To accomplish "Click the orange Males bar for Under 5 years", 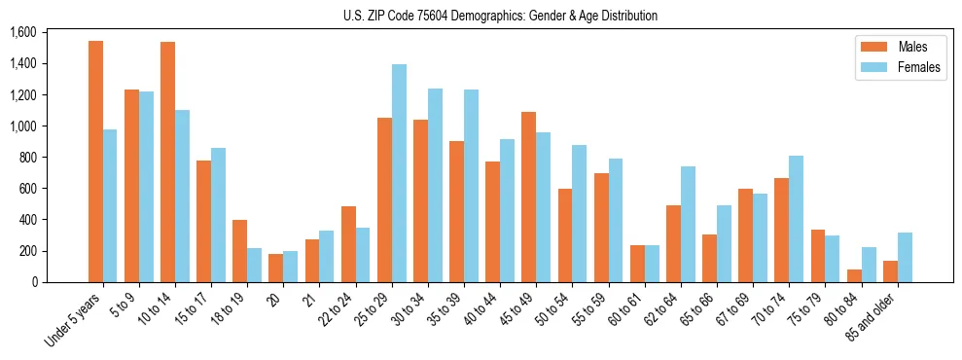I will click(x=95, y=162).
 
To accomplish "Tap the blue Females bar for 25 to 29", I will click(x=399, y=173).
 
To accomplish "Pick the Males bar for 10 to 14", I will click(x=167, y=162).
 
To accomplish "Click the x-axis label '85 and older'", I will click(x=875, y=313).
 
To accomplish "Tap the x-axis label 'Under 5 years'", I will click(x=74, y=319).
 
